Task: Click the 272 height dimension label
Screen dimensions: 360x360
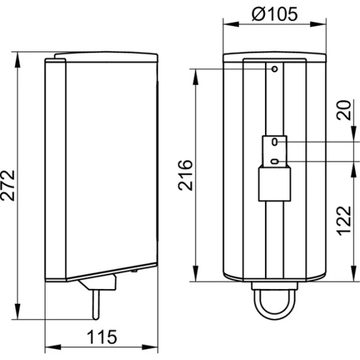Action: click(8, 186)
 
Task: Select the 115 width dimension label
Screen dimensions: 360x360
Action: click(102, 337)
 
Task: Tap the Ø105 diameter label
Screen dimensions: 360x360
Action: click(274, 14)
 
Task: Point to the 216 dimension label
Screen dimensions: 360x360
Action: click(185, 175)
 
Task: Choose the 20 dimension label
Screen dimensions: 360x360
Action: click(344, 110)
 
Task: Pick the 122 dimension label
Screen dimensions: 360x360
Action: click(344, 221)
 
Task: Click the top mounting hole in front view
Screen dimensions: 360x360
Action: click(274, 69)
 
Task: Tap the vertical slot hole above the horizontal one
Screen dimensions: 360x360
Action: click(274, 142)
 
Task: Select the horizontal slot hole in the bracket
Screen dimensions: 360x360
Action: click(274, 162)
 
